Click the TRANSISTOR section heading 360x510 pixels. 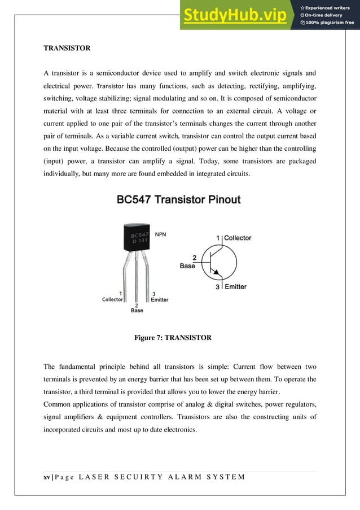pyautogui.click(x=67, y=49)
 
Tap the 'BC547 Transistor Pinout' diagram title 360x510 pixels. pyautogui.click(x=178, y=200)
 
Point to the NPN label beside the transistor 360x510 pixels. pyautogui.click(x=161, y=233)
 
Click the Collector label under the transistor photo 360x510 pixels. pyautogui.click(x=112, y=299)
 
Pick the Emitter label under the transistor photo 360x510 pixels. pyautogui.click(x=160, y=299)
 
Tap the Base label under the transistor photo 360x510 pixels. pyautogui.click(x=137, y=310)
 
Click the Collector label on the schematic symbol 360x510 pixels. pyautogui.click(x=238, y=238)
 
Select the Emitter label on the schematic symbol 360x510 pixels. pyautogui.click(x=235, y=287)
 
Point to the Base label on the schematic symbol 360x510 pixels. pyautogui.click(x=187, y=266)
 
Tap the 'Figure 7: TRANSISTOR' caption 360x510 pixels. pyautogui.click(x=173, y=338)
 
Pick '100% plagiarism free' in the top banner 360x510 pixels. pyautogui.click(x=330, y=23)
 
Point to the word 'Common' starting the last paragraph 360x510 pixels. pyautogui.click(x=57, y=404)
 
